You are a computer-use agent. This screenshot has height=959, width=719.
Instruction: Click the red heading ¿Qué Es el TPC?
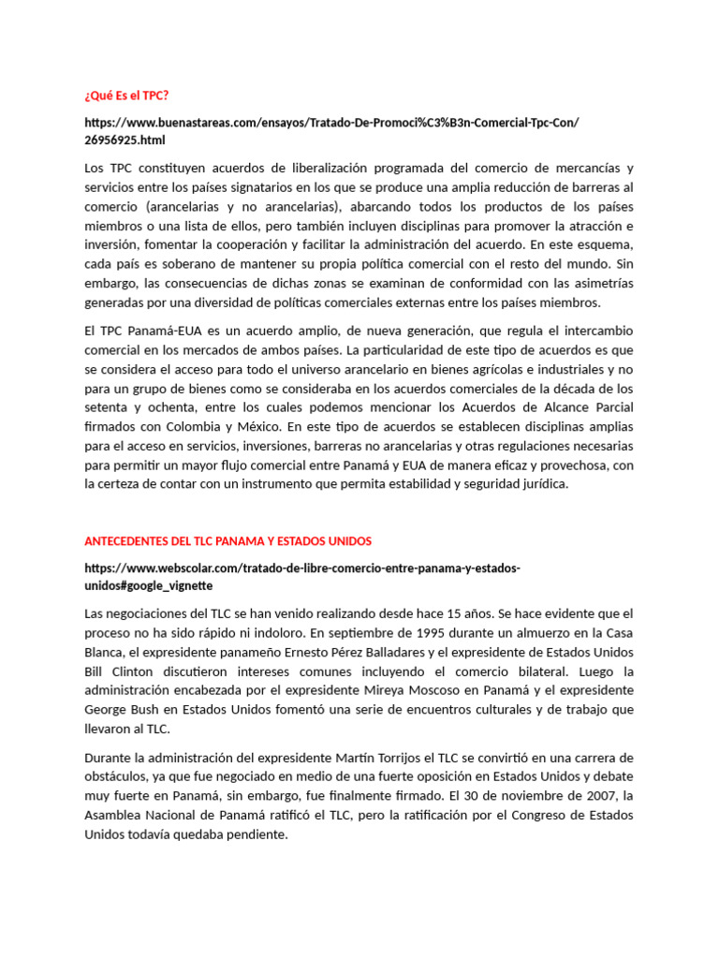126,96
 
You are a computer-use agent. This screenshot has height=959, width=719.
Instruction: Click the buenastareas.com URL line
331,123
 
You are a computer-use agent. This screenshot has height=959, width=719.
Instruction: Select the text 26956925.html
125,140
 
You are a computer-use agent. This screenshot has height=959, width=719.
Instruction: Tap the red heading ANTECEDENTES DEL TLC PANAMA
227,541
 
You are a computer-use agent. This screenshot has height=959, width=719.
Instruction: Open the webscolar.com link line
301,568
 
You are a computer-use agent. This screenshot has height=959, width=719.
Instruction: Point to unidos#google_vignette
148,585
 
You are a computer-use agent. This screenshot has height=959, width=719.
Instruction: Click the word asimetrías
600,282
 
